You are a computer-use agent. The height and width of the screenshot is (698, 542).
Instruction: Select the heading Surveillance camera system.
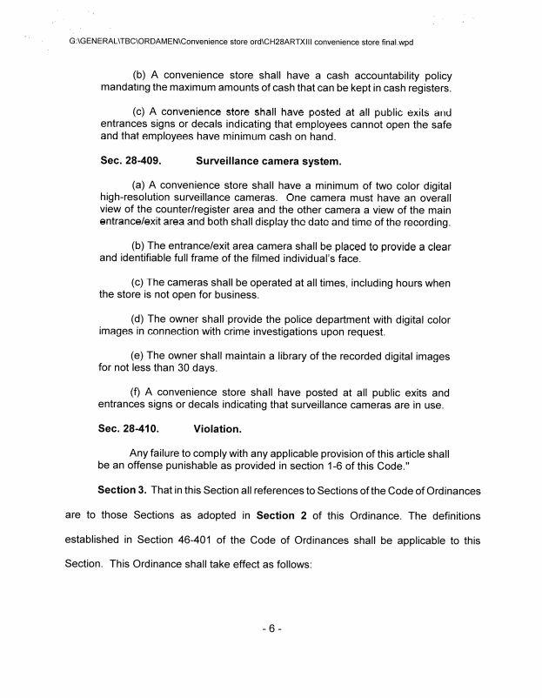click(269, 161)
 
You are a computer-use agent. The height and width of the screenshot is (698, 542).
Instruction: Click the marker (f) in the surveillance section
click(137, 392)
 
